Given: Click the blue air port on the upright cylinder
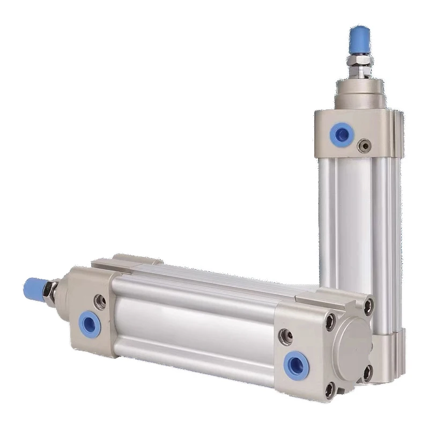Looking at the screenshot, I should pyautogui.click(x=341, y=134).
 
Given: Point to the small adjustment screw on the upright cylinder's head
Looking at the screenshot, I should pyautogui.click(x=366, y=145).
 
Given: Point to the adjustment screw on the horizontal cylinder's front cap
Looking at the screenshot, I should pyautogui.click(x=100, y=302).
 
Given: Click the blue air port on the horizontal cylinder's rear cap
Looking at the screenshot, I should pyautogui.click(x=296, y=365).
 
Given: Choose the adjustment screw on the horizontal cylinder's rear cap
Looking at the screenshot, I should pyautogui.click(x=286, y=336).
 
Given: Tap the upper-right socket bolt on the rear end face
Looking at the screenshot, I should pyautogui.click(x=368, y=306).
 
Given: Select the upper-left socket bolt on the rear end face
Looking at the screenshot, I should pyautogui.click(x=330, y=321).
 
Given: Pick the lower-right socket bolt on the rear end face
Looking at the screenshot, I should pyautogui.click(x=368, y=372).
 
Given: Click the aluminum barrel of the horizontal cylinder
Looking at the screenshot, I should pyautogui.click(x=193, y=322).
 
